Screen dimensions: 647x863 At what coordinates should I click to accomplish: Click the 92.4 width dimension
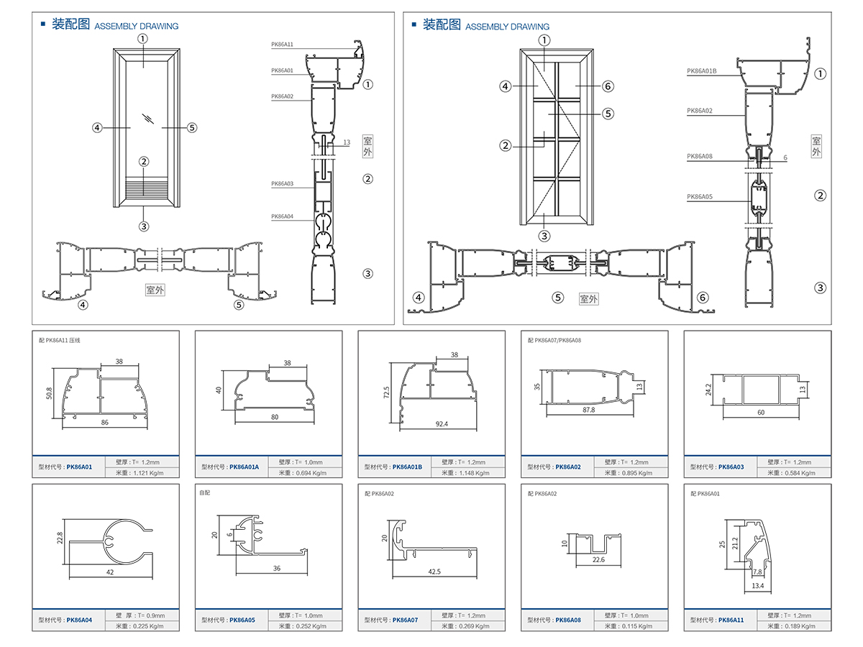click(x=441, y=423)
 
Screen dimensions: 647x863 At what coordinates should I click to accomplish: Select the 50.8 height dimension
click(x=49, y=393)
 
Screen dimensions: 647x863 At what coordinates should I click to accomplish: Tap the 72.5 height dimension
click(x=386, y=393)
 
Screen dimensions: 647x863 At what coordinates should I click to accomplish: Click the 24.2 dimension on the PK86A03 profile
click(x=708, y=390)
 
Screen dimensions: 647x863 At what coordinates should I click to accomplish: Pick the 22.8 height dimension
click(x=60, y=537)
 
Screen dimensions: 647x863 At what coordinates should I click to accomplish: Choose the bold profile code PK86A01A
click(x=244, y=467)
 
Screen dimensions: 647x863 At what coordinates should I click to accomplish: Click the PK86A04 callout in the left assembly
click(x=282, y=216)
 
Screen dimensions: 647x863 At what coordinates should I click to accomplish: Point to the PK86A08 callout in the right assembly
click(x=699, y=156)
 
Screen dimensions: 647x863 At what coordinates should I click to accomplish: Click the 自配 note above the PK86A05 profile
click(x=204, y=494)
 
